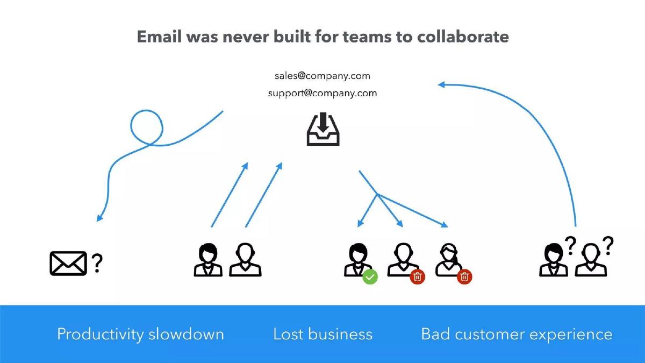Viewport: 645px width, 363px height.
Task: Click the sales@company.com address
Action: [x=322, y=76]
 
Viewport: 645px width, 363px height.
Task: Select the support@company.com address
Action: [x=322, y=94]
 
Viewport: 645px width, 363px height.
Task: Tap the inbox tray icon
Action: [x=323, y=129]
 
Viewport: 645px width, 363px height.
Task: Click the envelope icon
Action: [x=68, y=264]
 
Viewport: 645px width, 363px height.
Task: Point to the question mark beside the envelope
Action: [x=97, y=263]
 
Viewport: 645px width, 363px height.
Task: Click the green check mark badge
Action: [x=370, y=277]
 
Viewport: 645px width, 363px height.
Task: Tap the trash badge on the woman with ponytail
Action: [x=464, y=277]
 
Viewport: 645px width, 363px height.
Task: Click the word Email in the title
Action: [x=159, y=37]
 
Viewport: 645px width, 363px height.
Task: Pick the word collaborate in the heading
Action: [x=463, y=37]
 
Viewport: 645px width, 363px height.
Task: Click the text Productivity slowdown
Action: [x=140, y=334]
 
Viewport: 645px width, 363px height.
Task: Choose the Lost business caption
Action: [x=322, y=334]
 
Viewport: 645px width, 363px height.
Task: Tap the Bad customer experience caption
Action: [x=517, y=334]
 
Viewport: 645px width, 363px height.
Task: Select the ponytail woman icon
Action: [x=449, y=260]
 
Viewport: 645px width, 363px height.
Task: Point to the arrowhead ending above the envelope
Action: [x=99, y=218]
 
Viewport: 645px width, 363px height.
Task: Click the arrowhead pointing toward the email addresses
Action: [x=441, y=85]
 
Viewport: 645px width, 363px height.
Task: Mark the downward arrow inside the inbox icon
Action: [x=323, y=122]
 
